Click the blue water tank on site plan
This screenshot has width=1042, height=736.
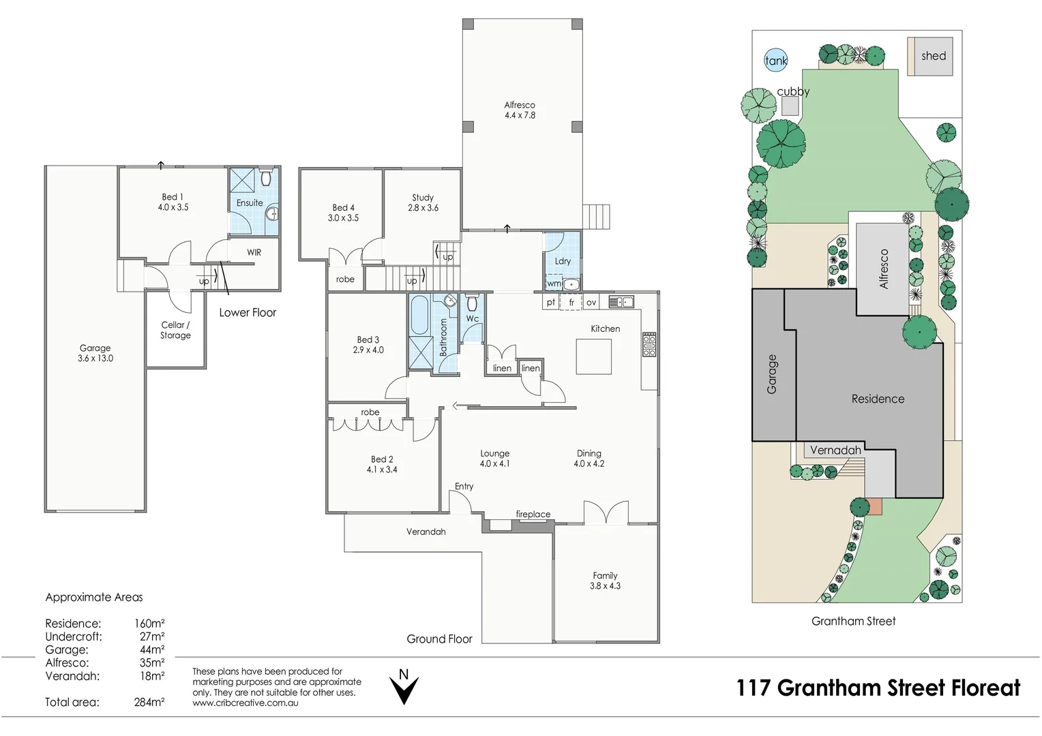coord(775,60)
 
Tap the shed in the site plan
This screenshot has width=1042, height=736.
coord(929,56)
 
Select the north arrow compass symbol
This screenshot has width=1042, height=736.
coord(404,686)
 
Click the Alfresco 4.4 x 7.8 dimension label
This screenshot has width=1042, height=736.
coord(520,110)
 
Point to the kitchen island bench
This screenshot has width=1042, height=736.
coord(593,356)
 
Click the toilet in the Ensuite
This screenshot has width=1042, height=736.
coord(266,178)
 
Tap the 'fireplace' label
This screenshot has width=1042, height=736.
coord(533,515)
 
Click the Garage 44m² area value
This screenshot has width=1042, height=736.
coord(151,650)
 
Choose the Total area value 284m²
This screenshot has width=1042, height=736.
coord(149,702)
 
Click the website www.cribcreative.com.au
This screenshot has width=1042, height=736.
coord(245,703)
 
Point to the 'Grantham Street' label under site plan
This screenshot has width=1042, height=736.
coord(853,621)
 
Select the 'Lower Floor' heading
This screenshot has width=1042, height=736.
coord(248,313)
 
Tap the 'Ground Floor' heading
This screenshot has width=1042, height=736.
coord(439,639)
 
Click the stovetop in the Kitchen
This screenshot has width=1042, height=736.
coord(649,345)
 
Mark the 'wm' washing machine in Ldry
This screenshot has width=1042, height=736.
coord(554,283)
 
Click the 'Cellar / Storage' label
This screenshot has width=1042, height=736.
coord(175,331)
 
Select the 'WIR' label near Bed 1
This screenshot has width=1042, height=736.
coord(254,252)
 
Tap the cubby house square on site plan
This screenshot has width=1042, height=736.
coord(790,106)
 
